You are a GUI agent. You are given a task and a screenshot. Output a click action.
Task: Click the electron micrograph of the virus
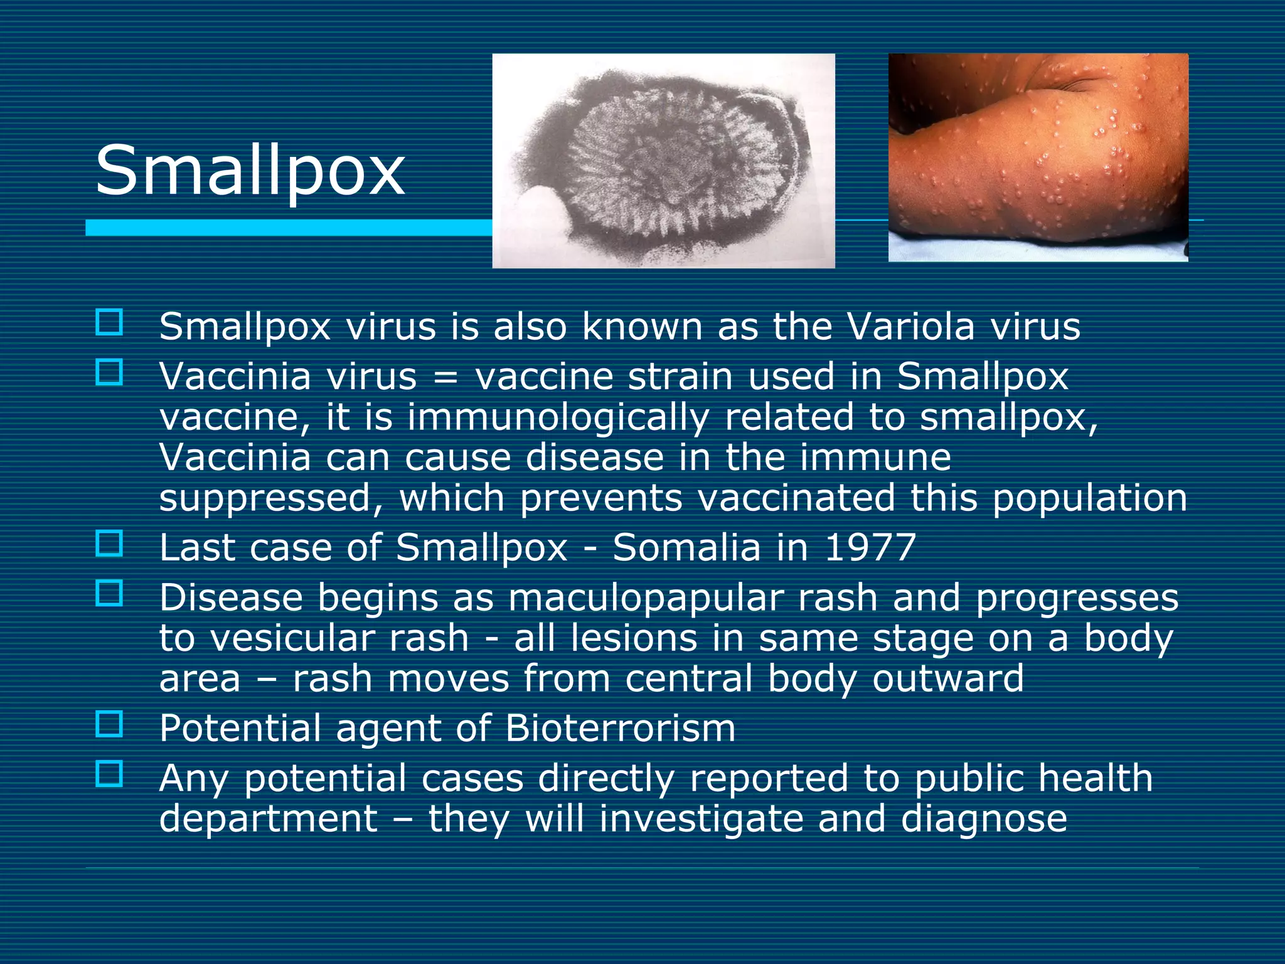pos(663,161)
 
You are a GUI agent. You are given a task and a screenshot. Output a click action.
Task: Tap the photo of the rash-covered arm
pos(1038,157)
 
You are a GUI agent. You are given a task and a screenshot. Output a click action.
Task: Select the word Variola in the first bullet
pos(910,326)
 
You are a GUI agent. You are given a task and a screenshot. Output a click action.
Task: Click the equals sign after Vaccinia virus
pos(445,377)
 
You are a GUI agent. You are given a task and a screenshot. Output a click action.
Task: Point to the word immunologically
pos(558,417)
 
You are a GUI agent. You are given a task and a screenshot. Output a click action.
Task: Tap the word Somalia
pos(686,547)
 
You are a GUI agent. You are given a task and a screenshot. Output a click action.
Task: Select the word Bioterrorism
pos(620,728)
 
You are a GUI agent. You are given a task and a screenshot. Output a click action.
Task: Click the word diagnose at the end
pos(984,819)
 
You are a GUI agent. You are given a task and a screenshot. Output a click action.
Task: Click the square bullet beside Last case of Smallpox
pos(109,544)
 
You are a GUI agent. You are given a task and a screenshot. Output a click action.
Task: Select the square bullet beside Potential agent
pos(109,724)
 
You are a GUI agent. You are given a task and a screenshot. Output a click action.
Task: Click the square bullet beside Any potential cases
pos(109,774)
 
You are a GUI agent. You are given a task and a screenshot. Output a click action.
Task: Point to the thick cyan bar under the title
pos(289,228)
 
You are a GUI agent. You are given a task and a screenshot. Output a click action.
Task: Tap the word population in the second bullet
pos(1090,498)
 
